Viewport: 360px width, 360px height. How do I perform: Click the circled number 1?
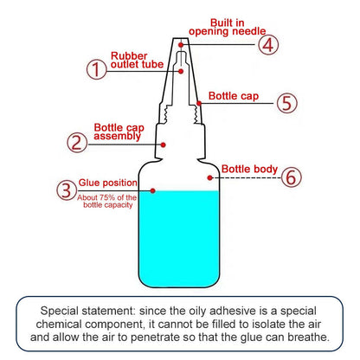(x=95, y=70)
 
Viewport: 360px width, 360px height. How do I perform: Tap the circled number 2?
(x=78, y=142)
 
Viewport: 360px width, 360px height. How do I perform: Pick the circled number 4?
(x=269, y=44)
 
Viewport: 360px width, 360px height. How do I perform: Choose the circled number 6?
(x=292, y=177)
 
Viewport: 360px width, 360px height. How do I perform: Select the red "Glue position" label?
(x=106, y=183)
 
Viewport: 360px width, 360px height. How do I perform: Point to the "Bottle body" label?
(x=249, y=169)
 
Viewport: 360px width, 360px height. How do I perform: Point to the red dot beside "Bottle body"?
(x=210, y=177)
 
